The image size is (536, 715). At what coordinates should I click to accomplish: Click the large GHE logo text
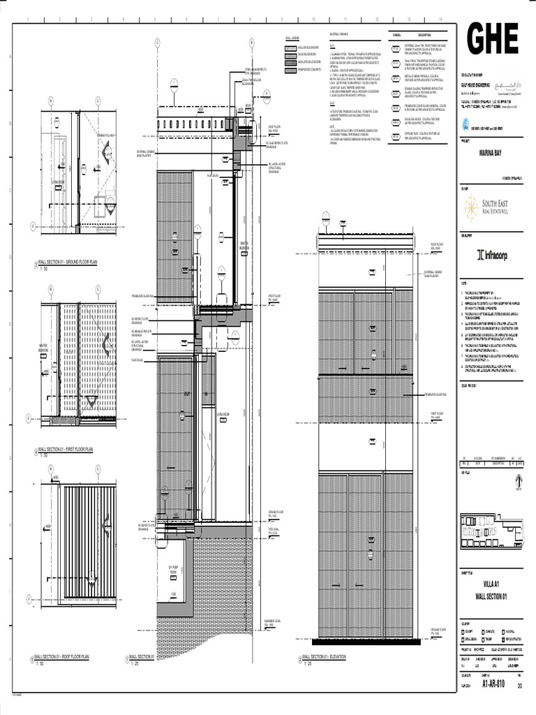pos(493,40)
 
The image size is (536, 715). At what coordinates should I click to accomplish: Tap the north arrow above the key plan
pos(516,482)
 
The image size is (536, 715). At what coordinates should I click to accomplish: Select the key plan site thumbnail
pos(491,529)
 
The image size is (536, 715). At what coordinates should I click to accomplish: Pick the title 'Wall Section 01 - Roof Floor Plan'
pos(63,656)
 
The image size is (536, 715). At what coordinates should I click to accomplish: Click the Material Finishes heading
pos(338,34)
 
